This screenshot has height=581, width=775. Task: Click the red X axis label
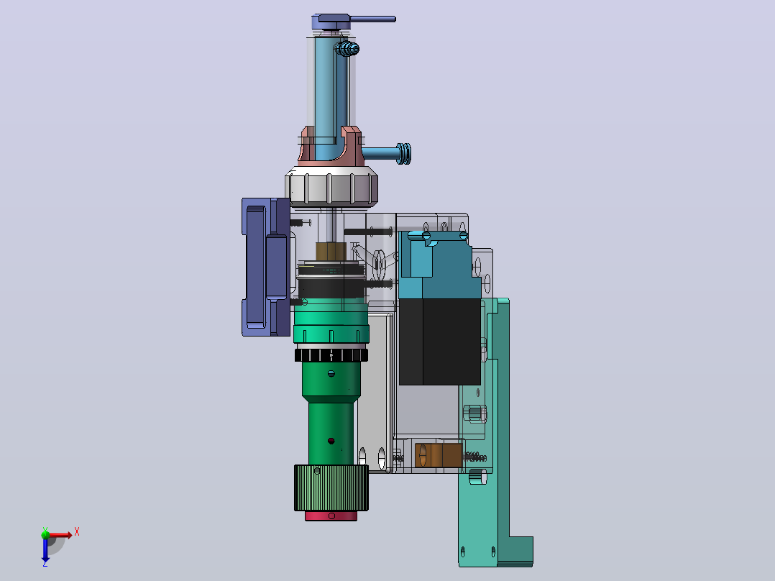(x=77, y=532)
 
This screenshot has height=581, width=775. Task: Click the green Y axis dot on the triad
(x=45, y=534)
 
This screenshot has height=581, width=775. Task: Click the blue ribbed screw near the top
(x=347, y=48)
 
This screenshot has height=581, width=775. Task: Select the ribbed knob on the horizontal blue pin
(x=404, y=153)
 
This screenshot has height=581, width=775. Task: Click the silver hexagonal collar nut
(x=331, y=186)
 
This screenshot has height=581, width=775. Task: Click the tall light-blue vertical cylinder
(x=326, y=89)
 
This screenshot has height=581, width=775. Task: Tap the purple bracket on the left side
(x=266, y=267)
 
